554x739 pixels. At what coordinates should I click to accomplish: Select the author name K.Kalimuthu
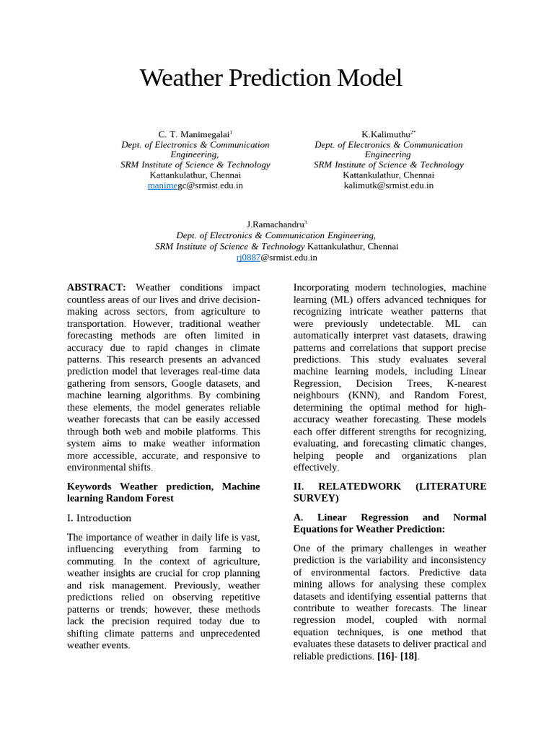[387, 134]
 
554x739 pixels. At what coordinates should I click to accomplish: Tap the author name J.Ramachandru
[276, 224]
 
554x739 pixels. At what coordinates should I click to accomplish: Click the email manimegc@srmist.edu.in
[195, 185]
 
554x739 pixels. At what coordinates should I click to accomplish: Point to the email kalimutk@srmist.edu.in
[389, 185]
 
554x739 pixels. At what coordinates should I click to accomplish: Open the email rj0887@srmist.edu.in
[276, 257]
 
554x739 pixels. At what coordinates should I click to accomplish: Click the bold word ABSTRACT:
[97, 287]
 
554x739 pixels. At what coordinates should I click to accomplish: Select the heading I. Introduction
[99, 517]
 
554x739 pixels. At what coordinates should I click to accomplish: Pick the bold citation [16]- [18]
[397, 656]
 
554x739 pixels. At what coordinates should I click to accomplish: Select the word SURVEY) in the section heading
[316, 498]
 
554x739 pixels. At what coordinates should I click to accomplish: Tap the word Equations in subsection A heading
[318, 529]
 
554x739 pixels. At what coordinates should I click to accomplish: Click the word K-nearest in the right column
[466, 383]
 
